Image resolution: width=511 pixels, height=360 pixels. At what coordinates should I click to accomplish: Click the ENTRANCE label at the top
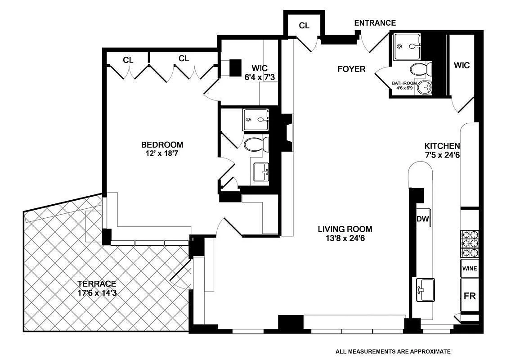click(375, 23)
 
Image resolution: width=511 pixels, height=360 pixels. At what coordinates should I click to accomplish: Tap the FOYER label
click(351, 69)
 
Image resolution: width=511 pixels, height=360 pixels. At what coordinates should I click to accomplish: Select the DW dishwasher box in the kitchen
click(423, 220)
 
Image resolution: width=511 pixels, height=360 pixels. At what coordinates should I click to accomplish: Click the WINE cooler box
click(469, 269)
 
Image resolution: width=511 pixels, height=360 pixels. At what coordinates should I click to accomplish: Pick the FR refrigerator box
click(470, 296)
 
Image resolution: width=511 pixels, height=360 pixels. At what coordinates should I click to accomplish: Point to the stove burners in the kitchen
click(469, 244)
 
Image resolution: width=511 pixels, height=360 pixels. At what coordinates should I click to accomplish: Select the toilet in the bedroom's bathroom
click(256, 144)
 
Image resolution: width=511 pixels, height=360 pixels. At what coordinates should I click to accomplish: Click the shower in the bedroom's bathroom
click(255, 120)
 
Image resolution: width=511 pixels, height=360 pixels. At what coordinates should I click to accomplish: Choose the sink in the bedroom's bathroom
click(261, 172)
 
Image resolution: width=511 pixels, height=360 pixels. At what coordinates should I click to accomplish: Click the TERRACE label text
click(97, 284)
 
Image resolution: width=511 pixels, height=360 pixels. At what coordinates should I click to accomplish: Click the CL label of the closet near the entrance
click(304, 26)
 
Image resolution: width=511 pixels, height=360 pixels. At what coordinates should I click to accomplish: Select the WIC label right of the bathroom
click(462, 65)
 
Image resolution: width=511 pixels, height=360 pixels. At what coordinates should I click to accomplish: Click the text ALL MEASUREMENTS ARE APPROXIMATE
click(393, 351)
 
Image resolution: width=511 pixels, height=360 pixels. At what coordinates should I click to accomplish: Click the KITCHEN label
click(442, 146)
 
